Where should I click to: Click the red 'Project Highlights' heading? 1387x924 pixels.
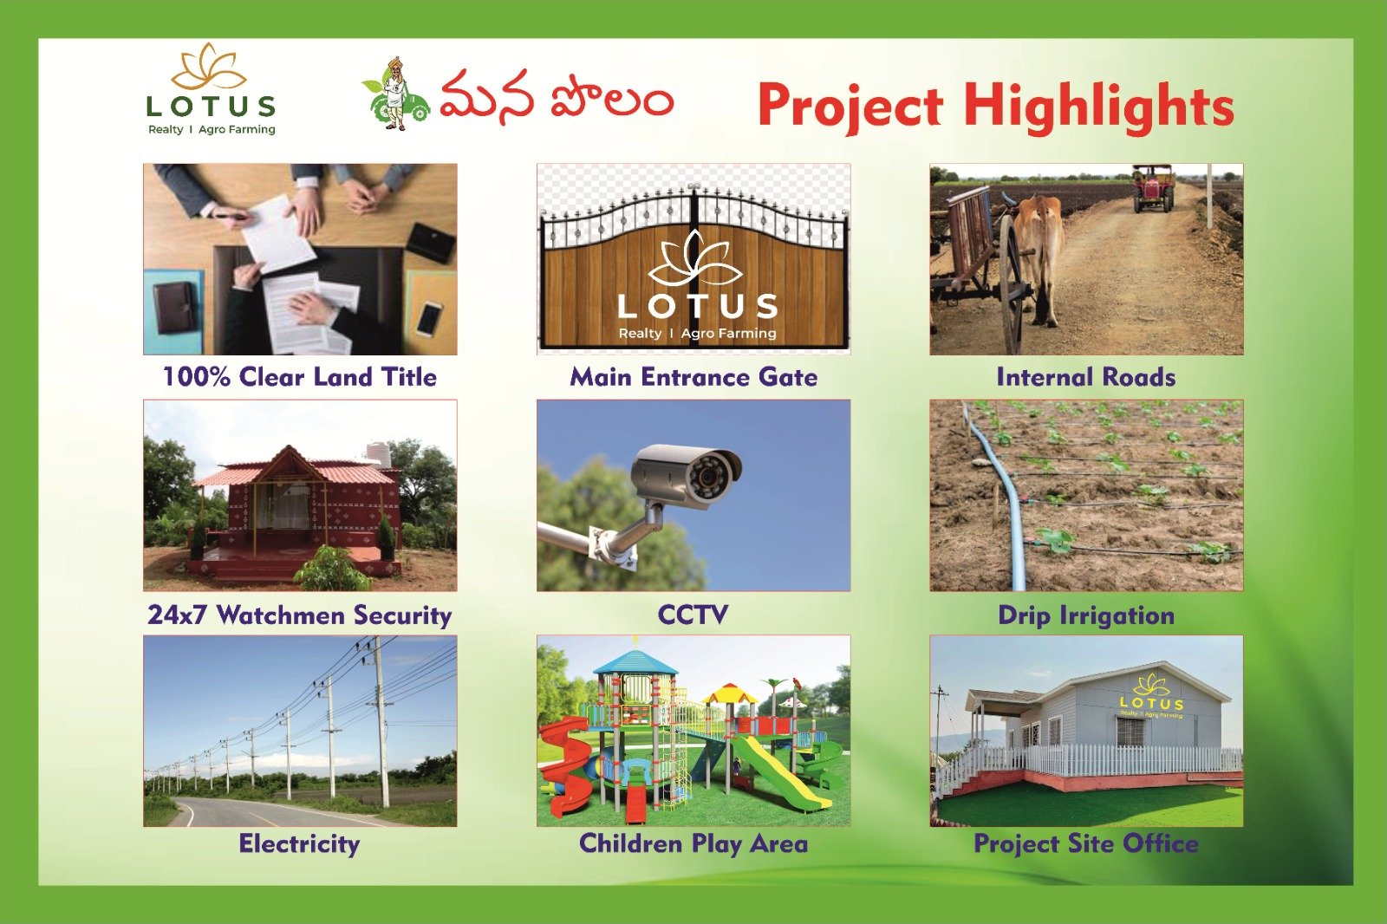tap(996, 107)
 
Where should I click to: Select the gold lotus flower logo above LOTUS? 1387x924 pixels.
tap(209, 67)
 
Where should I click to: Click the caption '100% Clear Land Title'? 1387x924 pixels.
tap(300, 376)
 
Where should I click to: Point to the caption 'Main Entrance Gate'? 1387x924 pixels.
tap(693, 376)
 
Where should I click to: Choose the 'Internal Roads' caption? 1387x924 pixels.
tap(1086, 376)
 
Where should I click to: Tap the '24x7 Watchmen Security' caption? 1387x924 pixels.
tap(300, 615)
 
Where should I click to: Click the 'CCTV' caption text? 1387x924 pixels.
tap(693, 615)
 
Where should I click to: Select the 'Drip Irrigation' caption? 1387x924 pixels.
tap(1086, 615)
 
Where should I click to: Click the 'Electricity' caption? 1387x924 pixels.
tap(300, 843)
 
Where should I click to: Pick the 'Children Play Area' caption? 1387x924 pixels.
tap(693, 843)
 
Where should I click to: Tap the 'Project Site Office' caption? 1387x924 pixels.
tap(1086, 843)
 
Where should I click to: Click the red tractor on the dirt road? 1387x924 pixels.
tap(1153, 188)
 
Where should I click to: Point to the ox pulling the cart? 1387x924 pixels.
tap(1035, 248)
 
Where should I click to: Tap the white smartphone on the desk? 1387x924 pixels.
tap(429, 318)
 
